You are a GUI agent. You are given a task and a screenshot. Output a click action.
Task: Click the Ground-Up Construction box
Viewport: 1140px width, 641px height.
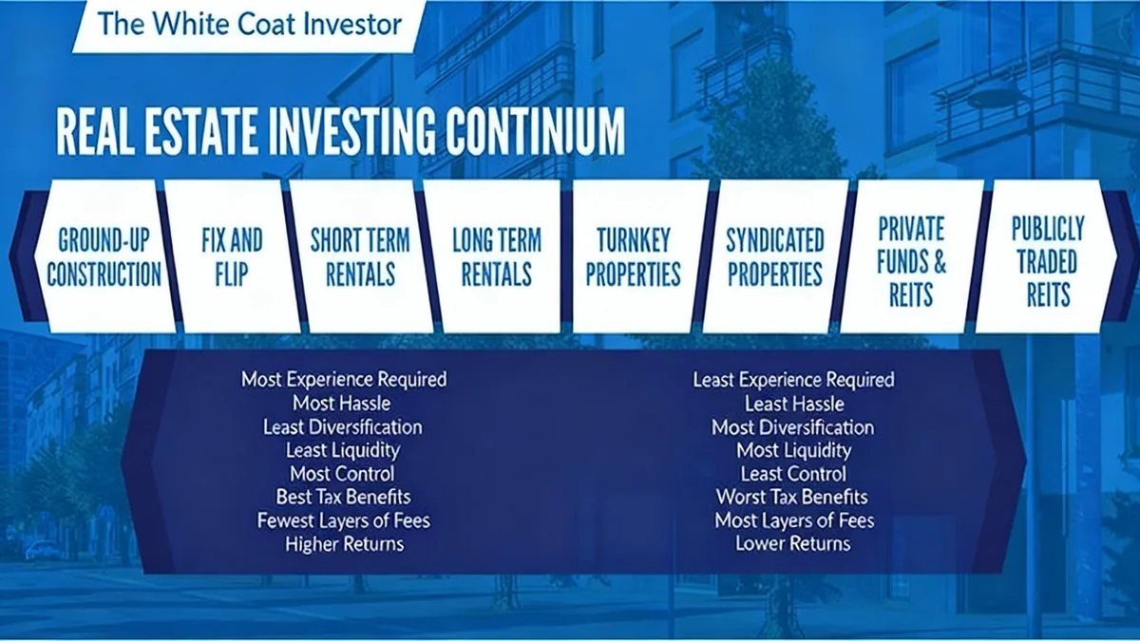(x=104, y=256)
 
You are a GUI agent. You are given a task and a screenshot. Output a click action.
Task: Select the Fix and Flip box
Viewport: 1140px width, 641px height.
(x=232, y=256)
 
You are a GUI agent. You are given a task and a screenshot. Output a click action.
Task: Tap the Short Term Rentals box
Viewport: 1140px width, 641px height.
(x=360, y=256)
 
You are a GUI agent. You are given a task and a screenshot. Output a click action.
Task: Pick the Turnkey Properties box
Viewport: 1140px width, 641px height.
(x=634, y=256)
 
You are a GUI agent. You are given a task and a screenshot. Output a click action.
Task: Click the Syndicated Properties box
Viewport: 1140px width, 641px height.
(x=775, y=256)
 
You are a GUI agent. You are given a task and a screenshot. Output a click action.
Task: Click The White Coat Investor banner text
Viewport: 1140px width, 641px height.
(x=250, y=23)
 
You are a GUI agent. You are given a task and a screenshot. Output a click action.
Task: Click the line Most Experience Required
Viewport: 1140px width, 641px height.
(x=344, y=380)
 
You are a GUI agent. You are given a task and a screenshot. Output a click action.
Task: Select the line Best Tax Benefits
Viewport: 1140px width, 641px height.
(x=344, y=497)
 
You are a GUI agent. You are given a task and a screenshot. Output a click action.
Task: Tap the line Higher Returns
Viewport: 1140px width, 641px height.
(x=344, y=544)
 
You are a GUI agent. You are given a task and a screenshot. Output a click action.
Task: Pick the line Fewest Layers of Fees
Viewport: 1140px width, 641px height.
(x=344, y=520)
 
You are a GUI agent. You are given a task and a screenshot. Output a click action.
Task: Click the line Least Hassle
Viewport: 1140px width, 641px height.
(x=794, y=404)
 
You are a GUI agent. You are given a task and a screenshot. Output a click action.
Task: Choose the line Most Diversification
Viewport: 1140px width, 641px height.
(x=793, y=427)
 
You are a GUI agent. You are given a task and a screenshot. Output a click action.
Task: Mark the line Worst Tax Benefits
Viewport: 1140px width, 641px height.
(x=792, y=497)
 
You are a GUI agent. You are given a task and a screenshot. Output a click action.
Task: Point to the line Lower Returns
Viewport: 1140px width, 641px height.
(x=793, y=544)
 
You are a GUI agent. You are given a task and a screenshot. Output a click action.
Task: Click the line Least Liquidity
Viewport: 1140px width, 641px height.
(x=343, y=450)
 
